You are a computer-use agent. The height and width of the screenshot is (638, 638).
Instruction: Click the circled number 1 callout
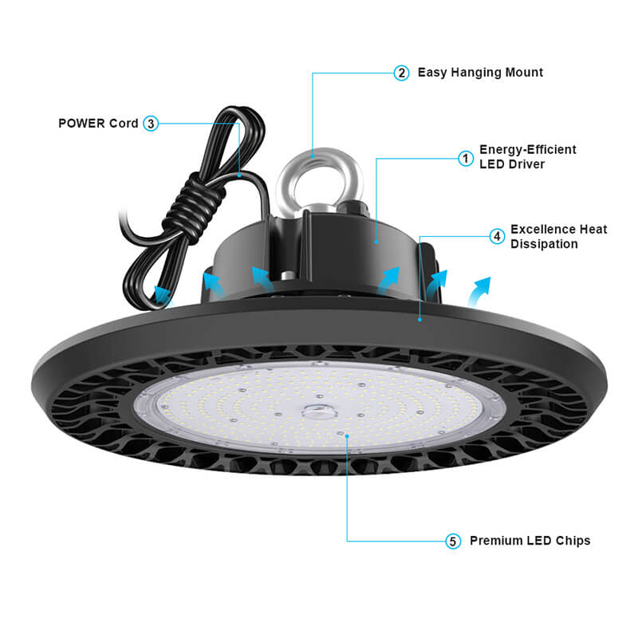tap(466, 158)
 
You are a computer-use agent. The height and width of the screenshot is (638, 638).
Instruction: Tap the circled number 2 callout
tap(402, 73)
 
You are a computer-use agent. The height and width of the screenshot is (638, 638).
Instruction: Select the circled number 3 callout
tap(151, 124)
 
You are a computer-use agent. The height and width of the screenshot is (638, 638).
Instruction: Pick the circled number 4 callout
tap(497, 236)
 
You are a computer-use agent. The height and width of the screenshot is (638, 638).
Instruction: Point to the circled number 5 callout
tap(453, 542)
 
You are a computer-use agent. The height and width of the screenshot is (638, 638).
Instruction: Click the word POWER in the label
tap(81, 124)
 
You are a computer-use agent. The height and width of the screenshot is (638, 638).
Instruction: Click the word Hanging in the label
tap(476, 73)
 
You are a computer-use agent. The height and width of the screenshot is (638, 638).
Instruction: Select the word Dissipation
tap(544, 244)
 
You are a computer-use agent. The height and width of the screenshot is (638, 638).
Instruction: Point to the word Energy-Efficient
tap(528, 150)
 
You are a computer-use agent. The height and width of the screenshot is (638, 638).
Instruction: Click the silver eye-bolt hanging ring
tap(320, 154)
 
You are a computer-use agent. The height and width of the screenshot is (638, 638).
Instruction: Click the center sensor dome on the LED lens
tap(321, 412)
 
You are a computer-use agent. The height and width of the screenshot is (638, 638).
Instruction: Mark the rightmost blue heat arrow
tap(479, 289)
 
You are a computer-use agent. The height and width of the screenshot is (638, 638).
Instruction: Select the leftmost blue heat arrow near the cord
tap(162, 293)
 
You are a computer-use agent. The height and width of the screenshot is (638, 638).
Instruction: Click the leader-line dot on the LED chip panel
tap(347, 436)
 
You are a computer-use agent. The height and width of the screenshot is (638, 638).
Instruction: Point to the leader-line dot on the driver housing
tap(376, 242)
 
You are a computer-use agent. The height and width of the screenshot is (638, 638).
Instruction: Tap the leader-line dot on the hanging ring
tap(313, 155)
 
